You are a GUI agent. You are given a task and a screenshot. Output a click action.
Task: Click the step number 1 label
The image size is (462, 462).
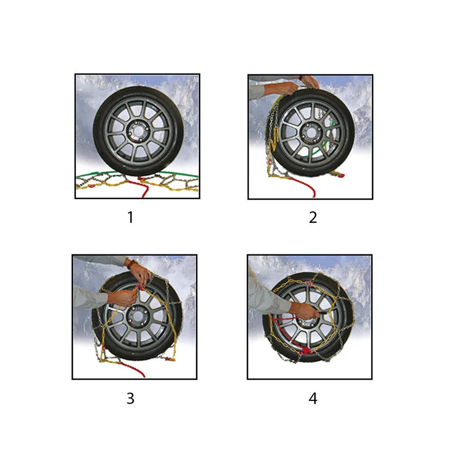click(x=130, y=218)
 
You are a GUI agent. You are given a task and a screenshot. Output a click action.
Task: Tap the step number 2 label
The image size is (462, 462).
click(x=313, y=218)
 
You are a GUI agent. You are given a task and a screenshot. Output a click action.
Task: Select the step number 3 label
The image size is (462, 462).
click(x=130, y=398)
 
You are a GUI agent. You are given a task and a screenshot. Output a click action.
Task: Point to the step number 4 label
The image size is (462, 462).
click(x=313, y=398)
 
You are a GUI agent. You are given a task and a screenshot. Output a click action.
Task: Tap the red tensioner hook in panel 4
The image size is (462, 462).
click(x=305, y=351)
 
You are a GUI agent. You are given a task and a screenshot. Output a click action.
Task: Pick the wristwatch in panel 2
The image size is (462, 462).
click(x=301, y=78)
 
